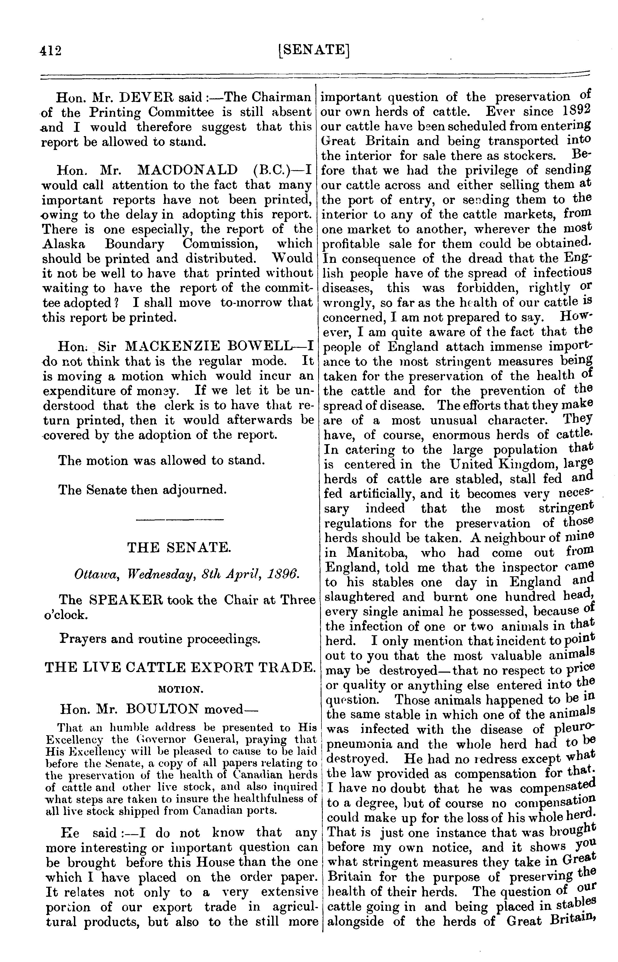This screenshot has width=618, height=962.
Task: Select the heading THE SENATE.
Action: coord(179,547)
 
